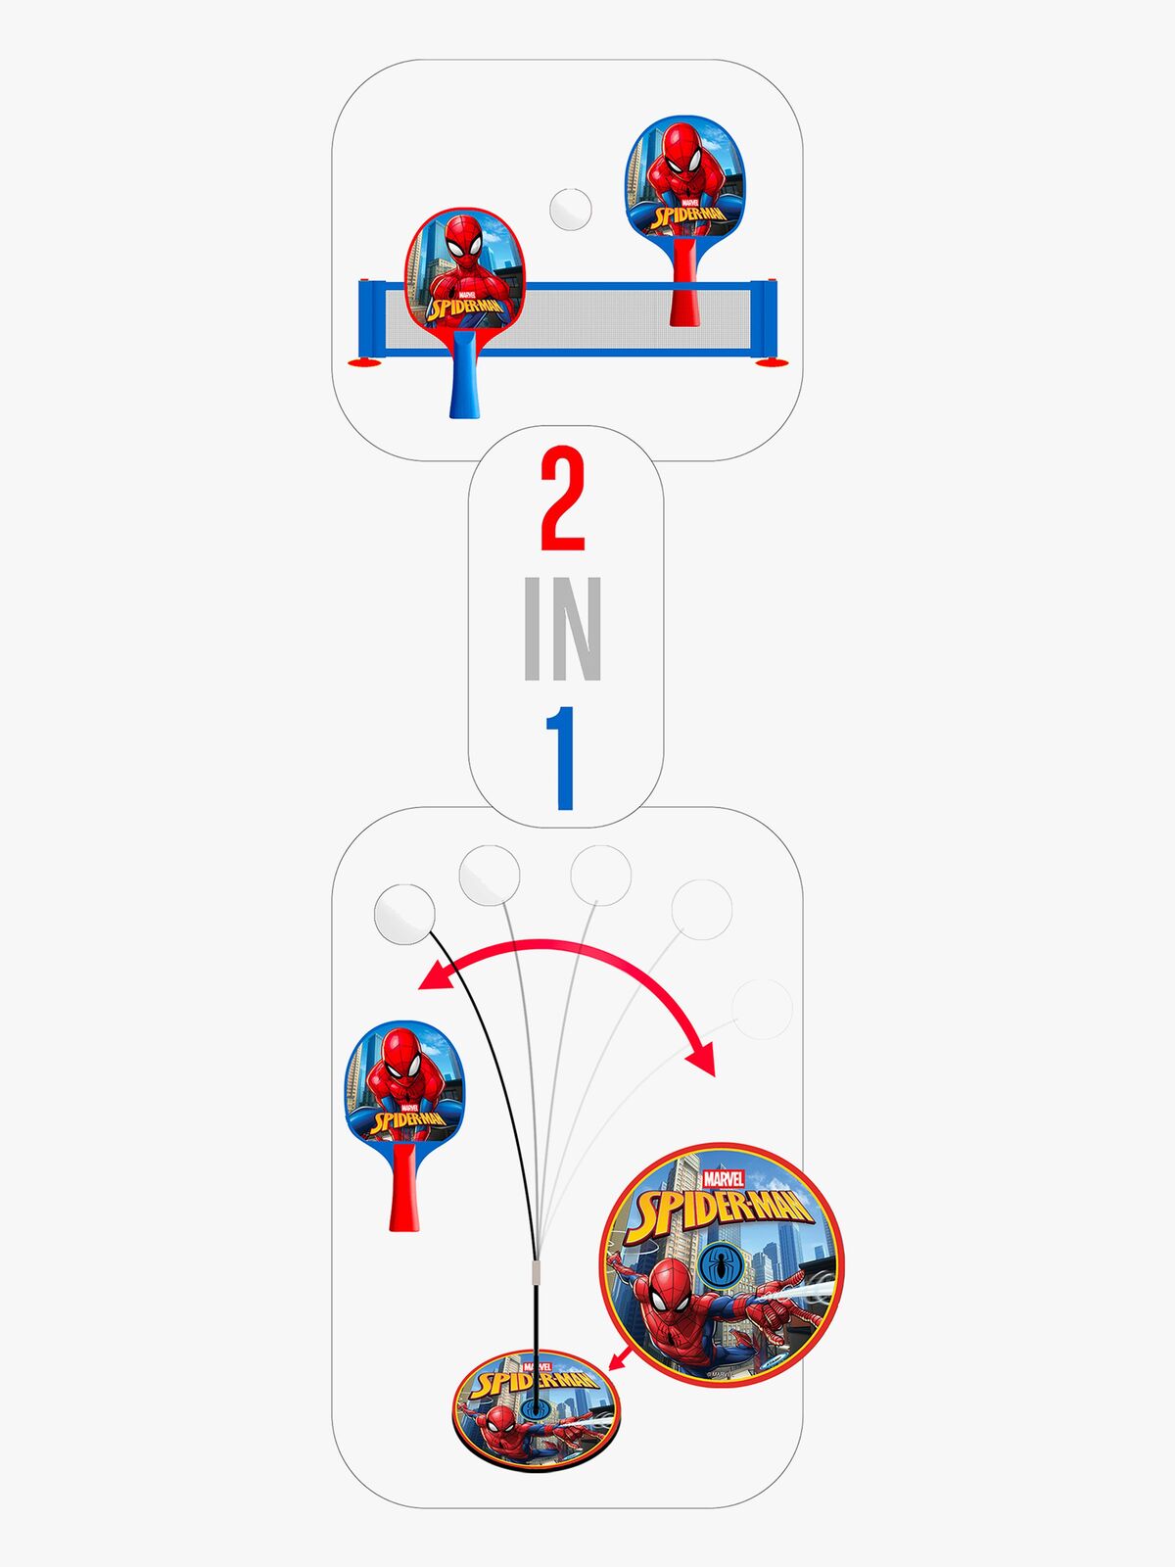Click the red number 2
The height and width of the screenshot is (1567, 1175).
(563, 500)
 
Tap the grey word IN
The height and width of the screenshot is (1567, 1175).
(563, 630)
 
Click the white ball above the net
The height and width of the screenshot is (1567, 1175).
(570, 208)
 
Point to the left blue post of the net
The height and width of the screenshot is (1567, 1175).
(371, 318)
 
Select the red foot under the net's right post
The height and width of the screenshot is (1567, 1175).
(772, 364)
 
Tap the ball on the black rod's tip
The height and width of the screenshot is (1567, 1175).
(403, 914)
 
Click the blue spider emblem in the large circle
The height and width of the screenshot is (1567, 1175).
(720, 1266)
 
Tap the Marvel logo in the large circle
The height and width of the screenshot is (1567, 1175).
(724, 1179)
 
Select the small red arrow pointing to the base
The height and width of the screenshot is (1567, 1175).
(618, 1358)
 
